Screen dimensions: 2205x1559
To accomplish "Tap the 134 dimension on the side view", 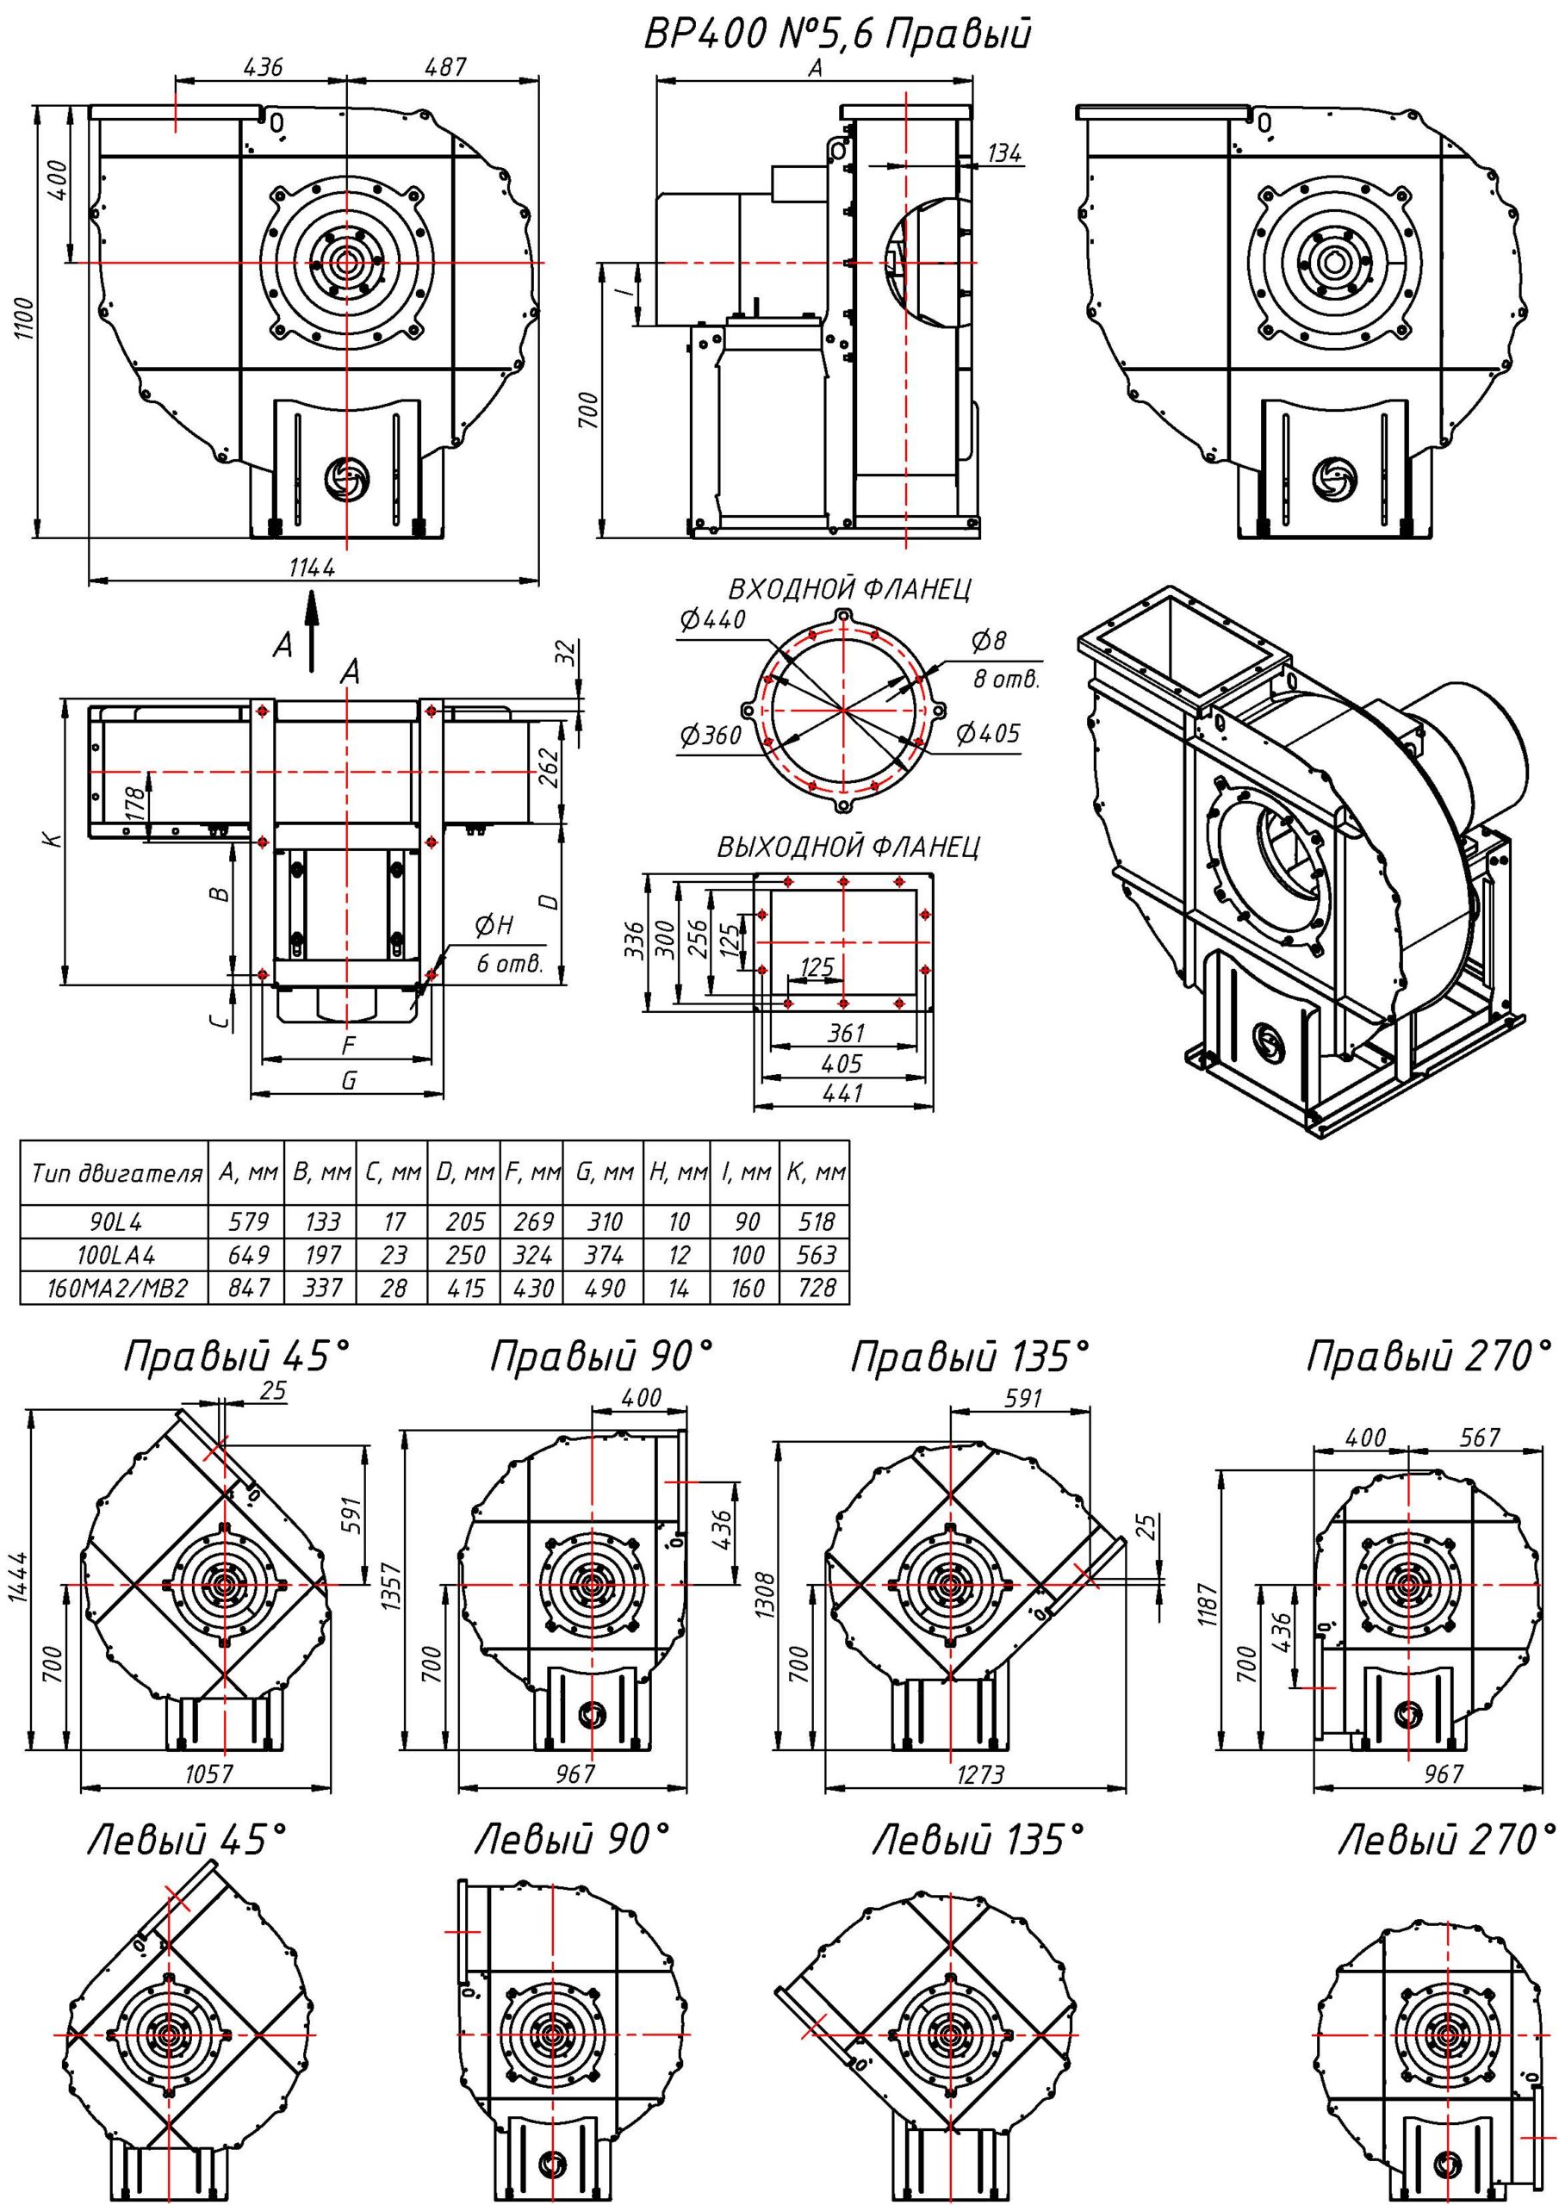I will coord(1003,152).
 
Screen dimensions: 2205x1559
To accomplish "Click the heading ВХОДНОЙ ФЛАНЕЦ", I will coord(849,588).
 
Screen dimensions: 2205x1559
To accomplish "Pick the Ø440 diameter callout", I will coord(711,620).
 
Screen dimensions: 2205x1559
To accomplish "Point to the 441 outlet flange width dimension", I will coord(843,1093).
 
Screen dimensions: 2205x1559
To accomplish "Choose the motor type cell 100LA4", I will coord(115,1255).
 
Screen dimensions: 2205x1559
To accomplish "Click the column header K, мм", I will coord(816,1172).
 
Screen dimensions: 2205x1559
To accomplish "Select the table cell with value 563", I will coord(816,1255).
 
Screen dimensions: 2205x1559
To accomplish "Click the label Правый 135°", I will coord(970,1357).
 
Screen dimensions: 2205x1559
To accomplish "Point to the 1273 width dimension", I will coord(980,1773).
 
